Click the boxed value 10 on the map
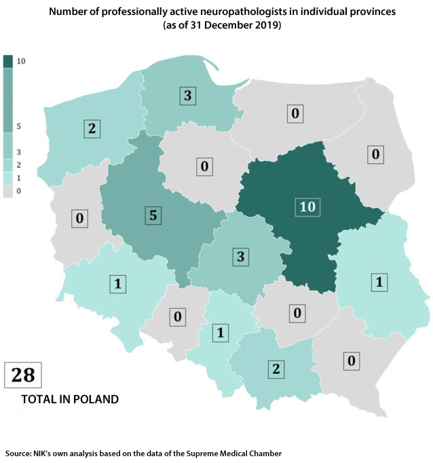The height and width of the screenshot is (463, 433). [307, 206]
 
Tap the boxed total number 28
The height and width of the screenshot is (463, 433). [24, 375]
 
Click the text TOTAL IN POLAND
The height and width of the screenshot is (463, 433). [70, 400]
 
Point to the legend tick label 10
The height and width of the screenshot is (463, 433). [21, 61]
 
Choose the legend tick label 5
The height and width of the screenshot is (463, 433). [20, 126]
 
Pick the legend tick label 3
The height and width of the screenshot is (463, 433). [20, 152]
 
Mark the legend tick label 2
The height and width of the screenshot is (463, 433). [20, 165]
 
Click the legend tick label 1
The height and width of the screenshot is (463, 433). [20, 178]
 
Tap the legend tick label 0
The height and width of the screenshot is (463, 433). [20, 191]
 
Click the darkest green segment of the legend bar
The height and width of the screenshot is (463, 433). [7, 61]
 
